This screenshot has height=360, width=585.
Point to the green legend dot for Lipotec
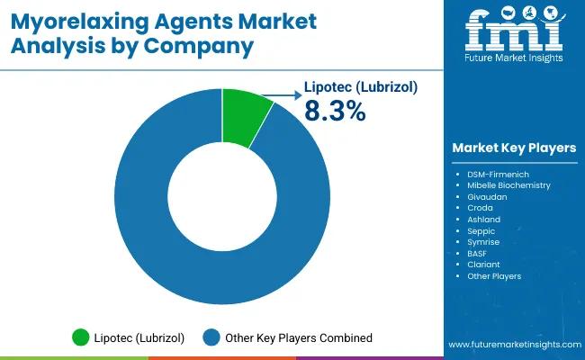[x=81, y=337]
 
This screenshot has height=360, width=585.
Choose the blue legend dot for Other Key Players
[x=212, y=337]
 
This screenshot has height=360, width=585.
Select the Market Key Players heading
[x=514, y=148]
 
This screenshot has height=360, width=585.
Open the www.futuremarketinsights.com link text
[x=514, y=345]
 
